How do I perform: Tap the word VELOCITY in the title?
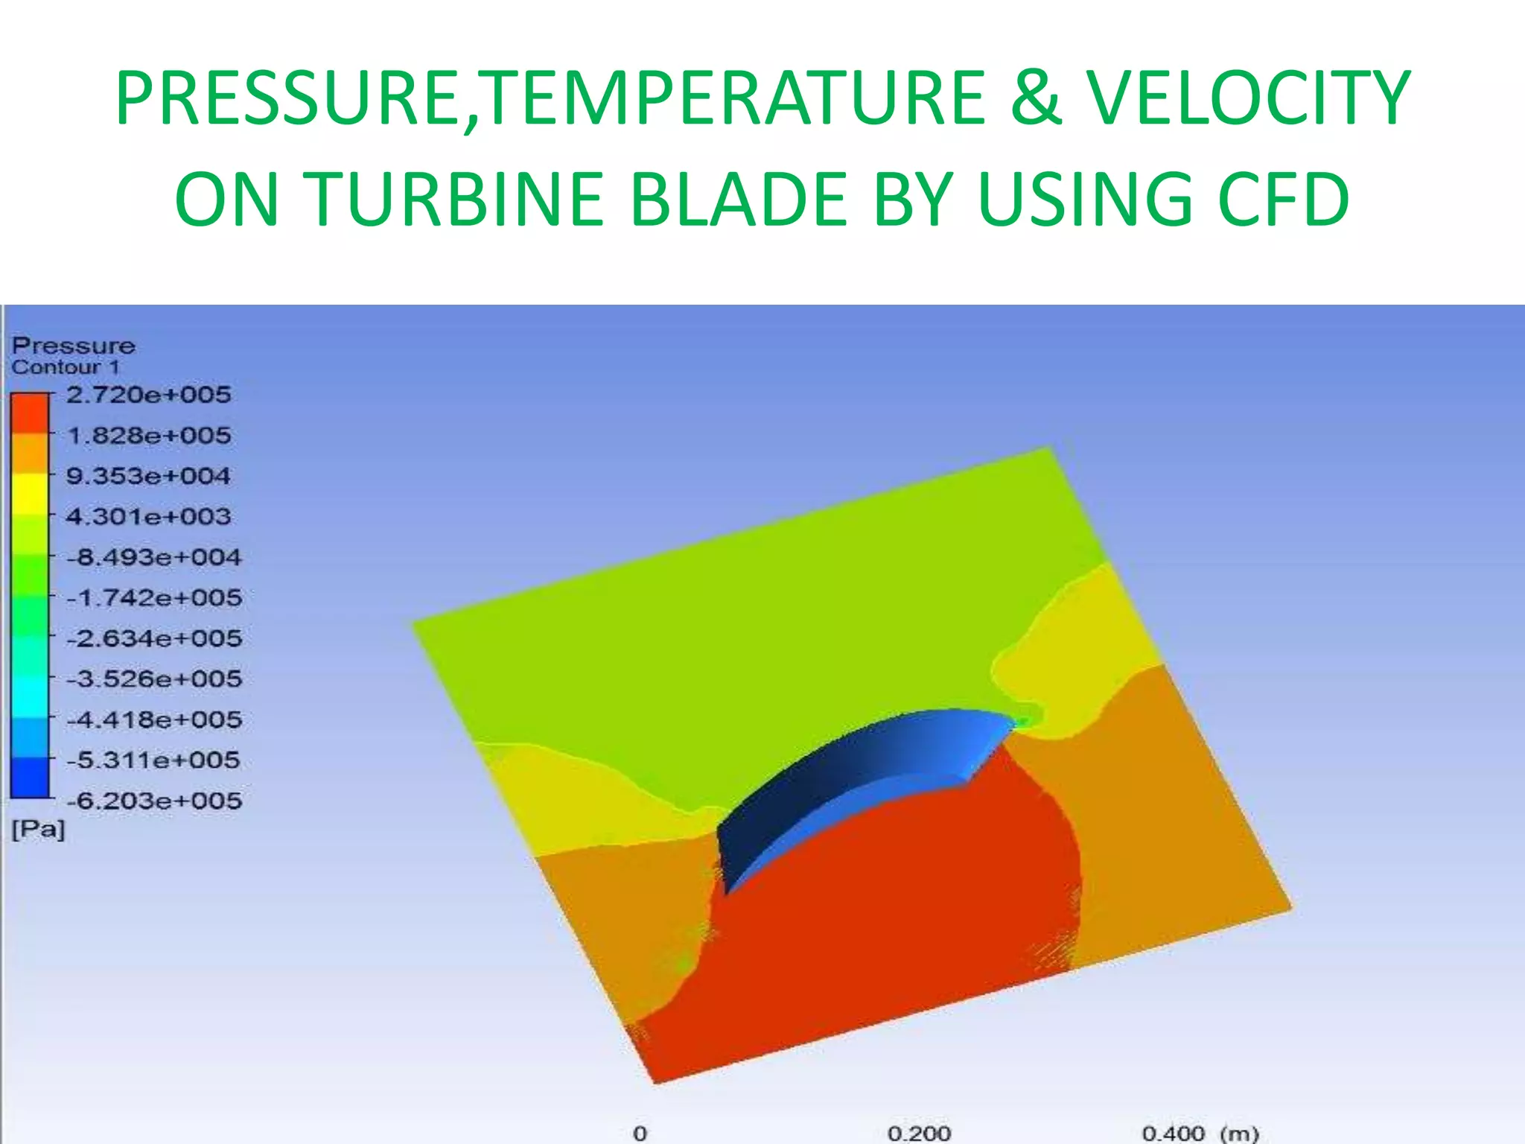pos(1247,98)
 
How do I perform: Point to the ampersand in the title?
pos(1035,98)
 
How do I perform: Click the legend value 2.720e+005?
pos(148,395)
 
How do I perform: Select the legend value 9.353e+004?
pos(148,476)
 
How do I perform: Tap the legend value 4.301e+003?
pos(148,517)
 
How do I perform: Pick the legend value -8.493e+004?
pos(153,557)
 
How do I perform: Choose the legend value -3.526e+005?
pos(153,679)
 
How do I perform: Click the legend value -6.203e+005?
pos(153,801)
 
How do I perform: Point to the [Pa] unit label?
pos(38,829)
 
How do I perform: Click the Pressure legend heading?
pos(73,346)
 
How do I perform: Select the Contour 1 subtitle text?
pos(65,367)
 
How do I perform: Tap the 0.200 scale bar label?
pos(919,1134)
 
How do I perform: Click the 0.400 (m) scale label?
pos(1200,1134)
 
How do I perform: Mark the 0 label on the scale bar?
pos(640,1134)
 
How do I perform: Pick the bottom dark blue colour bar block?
pos(29,778)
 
